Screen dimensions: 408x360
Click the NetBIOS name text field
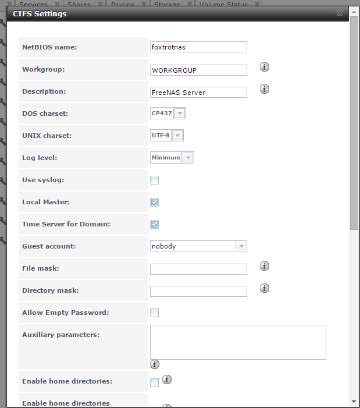198,47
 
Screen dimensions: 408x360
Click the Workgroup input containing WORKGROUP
198,70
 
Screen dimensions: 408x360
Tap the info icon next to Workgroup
265,67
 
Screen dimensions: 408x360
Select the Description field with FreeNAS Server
198,92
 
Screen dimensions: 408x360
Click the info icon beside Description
265,89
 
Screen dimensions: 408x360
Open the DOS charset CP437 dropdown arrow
180,113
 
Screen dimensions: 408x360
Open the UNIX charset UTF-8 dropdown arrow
177,136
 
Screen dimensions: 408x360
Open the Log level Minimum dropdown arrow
187,158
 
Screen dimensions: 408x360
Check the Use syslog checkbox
155,180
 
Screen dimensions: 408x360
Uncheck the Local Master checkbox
155,202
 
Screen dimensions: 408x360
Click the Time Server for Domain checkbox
155,224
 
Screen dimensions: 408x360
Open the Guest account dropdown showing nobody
241,246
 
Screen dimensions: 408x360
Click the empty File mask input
198,269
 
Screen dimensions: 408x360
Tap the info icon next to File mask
265,266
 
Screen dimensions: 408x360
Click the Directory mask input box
198,291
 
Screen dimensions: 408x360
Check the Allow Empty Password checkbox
155,313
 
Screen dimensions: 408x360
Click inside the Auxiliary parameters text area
238,342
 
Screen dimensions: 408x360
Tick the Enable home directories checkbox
155,382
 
